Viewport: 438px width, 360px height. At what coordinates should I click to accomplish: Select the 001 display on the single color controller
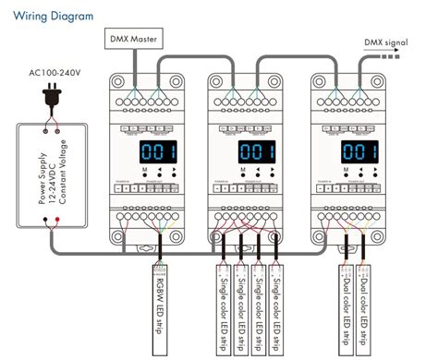[251, 150]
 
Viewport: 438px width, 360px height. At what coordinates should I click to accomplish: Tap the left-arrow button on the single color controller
[251, 172]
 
